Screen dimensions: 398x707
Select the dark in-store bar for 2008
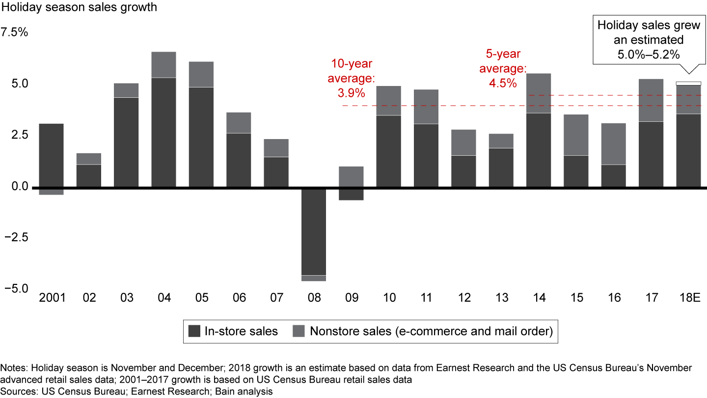click(313, 231)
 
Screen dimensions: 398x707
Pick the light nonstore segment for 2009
click(351, 177)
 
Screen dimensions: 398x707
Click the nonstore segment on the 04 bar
click(163, 64)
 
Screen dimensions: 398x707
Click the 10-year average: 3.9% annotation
click(351, 78)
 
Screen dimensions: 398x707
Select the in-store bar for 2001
click(51, 155)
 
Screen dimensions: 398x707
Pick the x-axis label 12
click(464, 298)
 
